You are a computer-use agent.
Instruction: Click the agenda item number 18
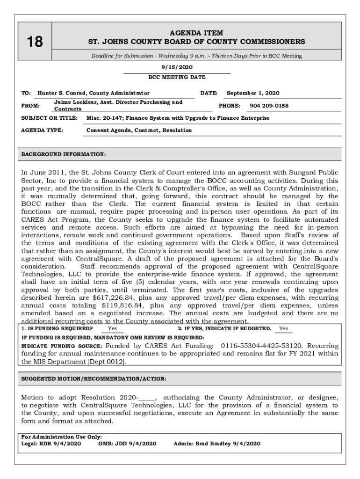pos(35,42)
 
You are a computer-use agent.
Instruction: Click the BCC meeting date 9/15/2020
pos(177,67)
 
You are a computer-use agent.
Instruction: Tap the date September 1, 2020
pos(253,93)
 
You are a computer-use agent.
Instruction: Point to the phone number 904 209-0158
pos(269,106)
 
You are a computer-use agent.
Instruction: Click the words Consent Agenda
pos(106,130)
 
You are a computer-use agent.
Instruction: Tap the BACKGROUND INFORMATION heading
pos(64,154)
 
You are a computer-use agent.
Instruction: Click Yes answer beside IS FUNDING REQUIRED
pos(113,329)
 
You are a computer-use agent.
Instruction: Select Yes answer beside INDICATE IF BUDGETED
pos(283,329)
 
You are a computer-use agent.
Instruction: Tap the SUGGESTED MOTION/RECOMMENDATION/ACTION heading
pos(94,378)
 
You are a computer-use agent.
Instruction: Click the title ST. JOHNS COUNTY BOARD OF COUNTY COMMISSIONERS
pos(196,42)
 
